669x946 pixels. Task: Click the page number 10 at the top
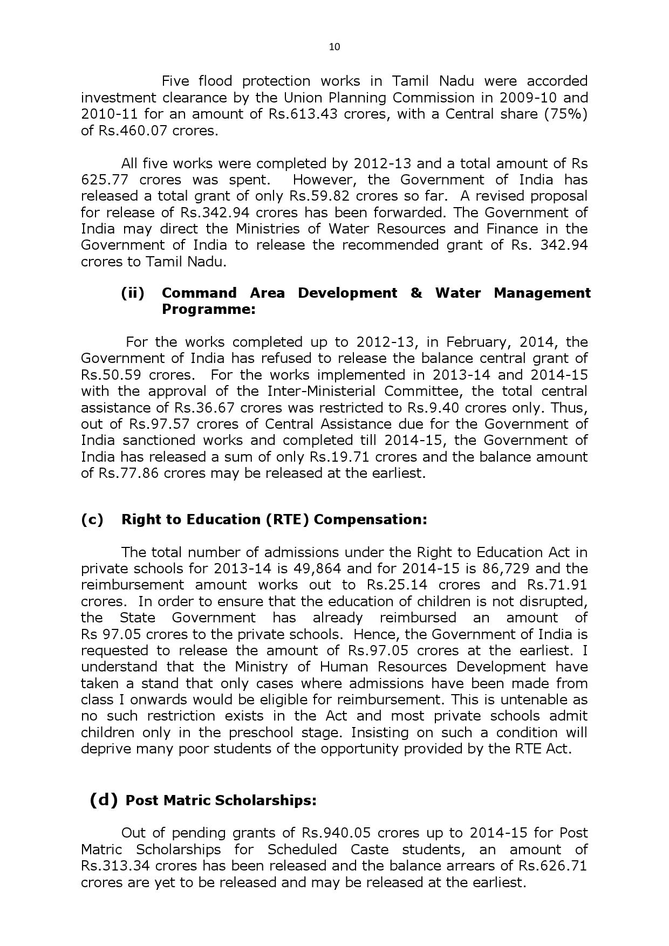tap(334, 47)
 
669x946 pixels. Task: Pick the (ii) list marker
tap(133, 293)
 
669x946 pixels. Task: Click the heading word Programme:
tap(208, 310)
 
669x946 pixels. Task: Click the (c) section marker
tap(92, 519)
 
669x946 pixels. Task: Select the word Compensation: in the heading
tap(370, 519)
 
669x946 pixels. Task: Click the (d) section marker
tap(104, 800)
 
